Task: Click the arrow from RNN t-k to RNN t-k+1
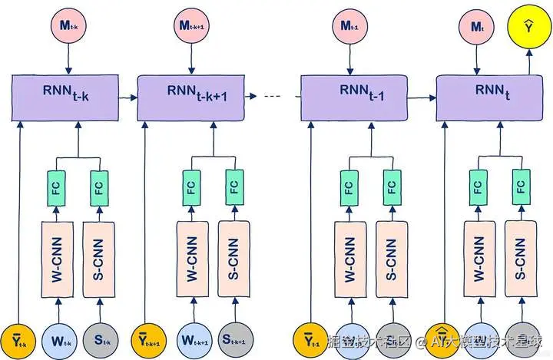(127, 97)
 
